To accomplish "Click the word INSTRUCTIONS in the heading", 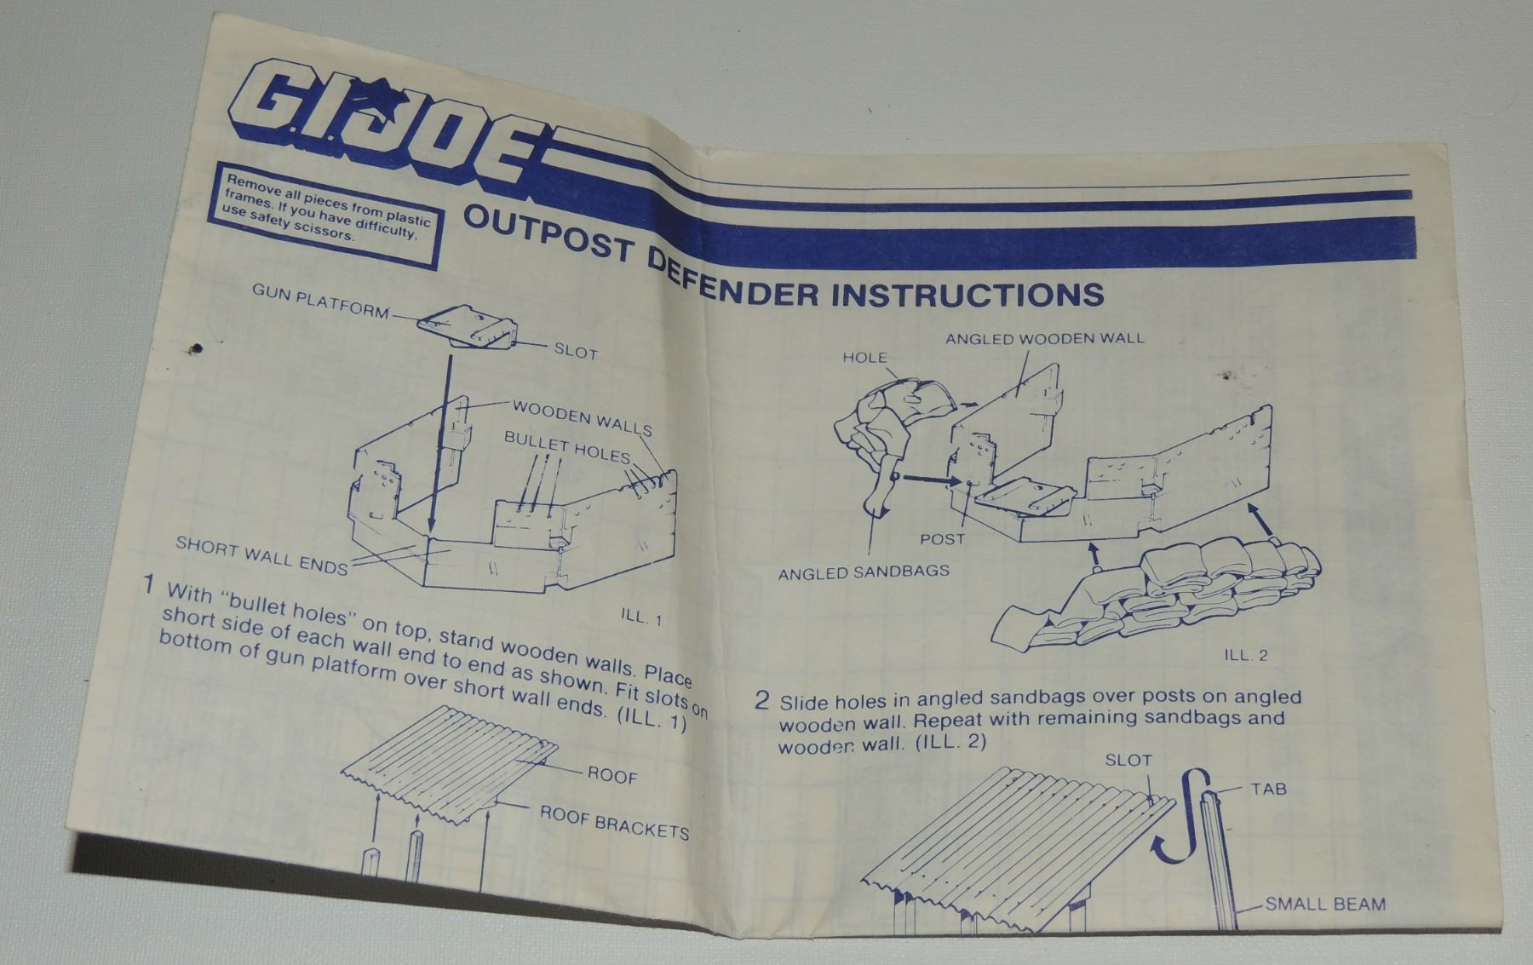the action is [967, 294].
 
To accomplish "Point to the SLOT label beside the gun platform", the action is [576, 352].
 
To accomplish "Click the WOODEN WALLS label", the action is [583, 416].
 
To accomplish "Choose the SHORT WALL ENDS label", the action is [262, 555].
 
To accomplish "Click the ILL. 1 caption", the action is [642, 617].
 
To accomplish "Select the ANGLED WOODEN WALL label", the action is [1045, 338].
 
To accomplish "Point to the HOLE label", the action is [864, 358].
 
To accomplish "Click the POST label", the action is [942, 539].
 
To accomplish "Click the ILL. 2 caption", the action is [1246, 655].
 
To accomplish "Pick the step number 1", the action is [149, 585].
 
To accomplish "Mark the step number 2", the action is [762, 701].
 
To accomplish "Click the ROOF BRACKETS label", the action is [615, 823].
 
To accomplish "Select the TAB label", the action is [1268, 790].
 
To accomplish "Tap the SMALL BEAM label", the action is [1325, 904].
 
